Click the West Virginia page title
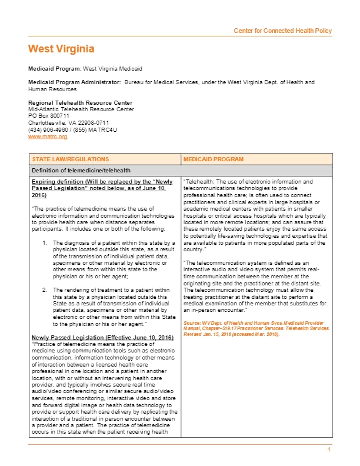[x=61, y=48]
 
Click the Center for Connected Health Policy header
[x=282, y=31]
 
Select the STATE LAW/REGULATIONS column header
[x=70, y=159]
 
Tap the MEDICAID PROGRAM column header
[x=214, y=159]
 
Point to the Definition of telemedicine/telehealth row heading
[x=76, y=170]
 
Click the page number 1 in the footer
[x=330, y=450]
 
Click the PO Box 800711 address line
[x=49, y=116]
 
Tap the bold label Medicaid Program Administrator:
[x=75, y=82]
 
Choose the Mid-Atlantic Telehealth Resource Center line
[x=81, y=109]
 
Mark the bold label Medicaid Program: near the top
[x=55, y=69]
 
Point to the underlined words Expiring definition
[x=56, y=182]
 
